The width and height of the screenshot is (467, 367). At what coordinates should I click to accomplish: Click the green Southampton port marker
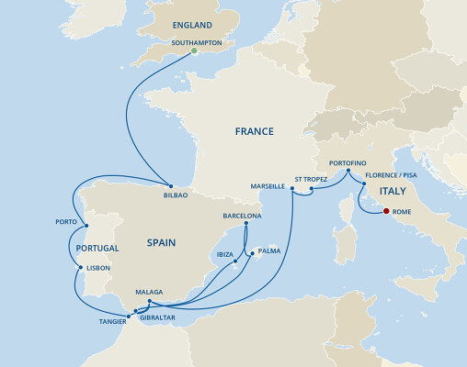194,51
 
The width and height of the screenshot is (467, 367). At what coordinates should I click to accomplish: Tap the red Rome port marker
385,211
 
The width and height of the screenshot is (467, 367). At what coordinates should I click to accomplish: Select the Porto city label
64,221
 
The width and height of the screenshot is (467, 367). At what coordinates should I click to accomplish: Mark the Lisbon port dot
81,267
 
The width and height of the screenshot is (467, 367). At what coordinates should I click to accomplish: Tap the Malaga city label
149,293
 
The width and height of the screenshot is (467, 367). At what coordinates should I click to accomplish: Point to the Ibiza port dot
235,261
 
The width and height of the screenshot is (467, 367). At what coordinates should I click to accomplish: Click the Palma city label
269,250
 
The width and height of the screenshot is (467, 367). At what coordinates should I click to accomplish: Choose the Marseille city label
268,185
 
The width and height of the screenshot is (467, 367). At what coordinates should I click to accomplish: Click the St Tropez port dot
312,190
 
